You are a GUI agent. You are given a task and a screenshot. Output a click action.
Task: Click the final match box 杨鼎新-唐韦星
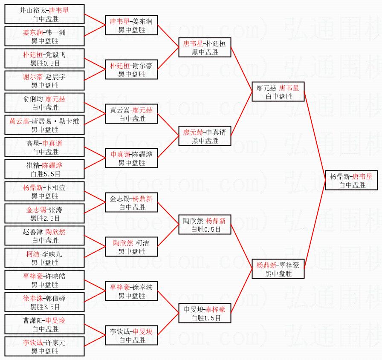351,180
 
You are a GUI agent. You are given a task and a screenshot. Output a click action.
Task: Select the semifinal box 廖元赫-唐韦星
278,92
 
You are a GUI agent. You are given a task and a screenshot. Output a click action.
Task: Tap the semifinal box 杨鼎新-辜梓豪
278,269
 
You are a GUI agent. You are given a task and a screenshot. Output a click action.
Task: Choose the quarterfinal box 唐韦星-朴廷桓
205,48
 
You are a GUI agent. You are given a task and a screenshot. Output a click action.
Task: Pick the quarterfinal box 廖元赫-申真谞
205,136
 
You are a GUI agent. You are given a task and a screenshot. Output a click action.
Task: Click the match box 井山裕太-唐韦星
45,14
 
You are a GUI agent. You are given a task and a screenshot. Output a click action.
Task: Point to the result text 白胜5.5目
45,174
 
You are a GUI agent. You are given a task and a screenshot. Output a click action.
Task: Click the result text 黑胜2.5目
45,218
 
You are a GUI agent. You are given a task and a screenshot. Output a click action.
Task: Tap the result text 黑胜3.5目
45,307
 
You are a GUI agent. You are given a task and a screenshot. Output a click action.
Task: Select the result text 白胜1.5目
205,318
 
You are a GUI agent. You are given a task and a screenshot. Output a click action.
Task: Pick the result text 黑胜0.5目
45,63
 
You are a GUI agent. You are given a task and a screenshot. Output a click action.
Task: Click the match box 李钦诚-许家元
45,347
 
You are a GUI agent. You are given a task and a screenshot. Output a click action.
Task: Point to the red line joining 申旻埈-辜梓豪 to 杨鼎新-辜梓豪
242,291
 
